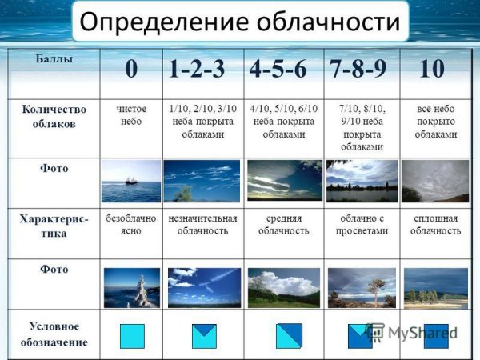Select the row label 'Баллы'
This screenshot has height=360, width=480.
[53, 59]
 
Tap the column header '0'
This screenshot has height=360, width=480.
[130, 70]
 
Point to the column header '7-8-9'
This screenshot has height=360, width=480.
[358, 70]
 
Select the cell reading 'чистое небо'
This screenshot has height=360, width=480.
[131, 114]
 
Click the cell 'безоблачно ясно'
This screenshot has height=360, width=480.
[130, 224]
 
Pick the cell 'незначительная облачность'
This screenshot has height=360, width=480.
[202, 224]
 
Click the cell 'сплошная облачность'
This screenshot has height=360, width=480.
[436, 224]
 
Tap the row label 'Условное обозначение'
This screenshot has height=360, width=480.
[54, 334]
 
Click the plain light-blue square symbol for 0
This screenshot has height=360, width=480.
[132, 336]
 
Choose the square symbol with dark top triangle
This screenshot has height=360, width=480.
[204, 336]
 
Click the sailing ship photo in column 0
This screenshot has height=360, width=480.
[131, 181]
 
